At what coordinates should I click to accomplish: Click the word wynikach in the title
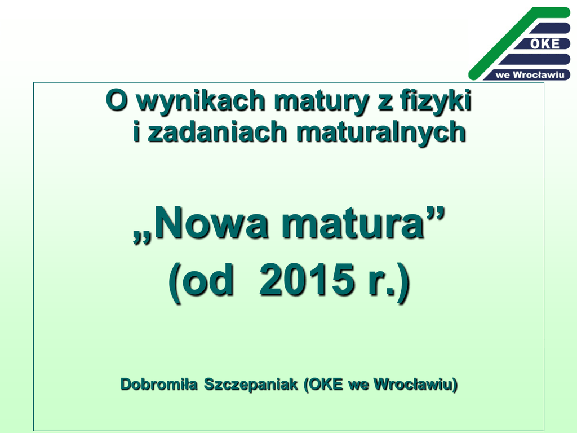[201, 101]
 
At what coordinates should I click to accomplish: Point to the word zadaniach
[217, 132]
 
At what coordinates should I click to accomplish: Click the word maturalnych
[381, 132]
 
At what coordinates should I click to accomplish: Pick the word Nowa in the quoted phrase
[211, 223]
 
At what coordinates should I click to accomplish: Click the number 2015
[307, 280]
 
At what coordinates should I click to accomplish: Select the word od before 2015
[207, 280]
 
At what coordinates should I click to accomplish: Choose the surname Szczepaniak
[251, 385]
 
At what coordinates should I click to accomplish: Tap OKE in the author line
[325, 384]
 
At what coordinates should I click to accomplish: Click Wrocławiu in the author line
[413, 384]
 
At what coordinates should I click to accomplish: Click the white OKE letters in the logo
[545, 44]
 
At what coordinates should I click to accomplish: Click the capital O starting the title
[117, 100]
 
